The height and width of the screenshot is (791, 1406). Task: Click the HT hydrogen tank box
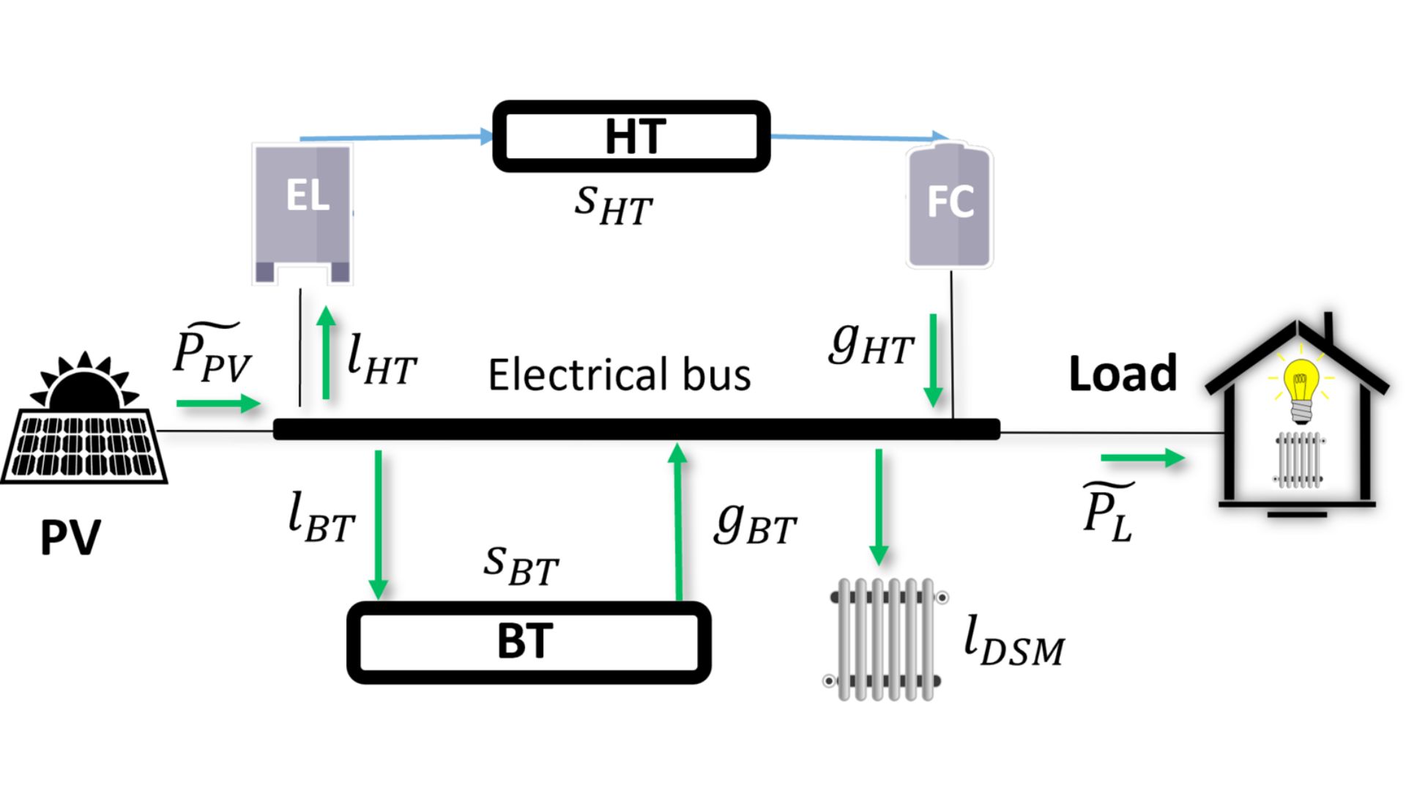631,136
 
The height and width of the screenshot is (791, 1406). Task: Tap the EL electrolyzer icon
302,212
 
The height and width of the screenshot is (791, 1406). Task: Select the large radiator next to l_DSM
885,639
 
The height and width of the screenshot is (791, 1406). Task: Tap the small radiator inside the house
1299,460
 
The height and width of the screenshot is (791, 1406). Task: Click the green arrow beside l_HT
327,353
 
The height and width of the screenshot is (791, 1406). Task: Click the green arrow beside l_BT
378,524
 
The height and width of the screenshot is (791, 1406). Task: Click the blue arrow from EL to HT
395,137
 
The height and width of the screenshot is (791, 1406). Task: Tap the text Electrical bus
620,375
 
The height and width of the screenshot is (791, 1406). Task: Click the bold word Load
1123,374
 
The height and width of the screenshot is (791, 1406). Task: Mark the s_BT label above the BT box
521,565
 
